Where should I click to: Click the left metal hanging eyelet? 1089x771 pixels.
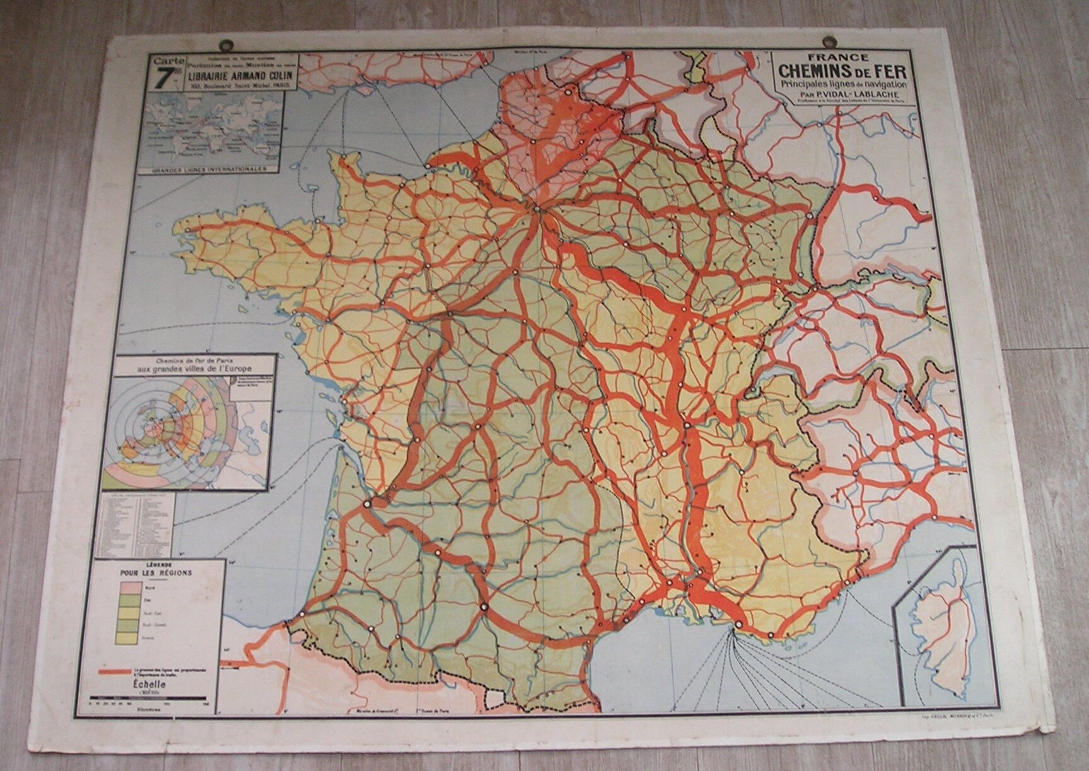pos(225,46)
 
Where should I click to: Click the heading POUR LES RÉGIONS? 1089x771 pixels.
pos(156,573)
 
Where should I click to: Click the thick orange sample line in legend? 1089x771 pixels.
pos(117,672)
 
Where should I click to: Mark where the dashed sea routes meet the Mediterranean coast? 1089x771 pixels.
pos(735,627)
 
